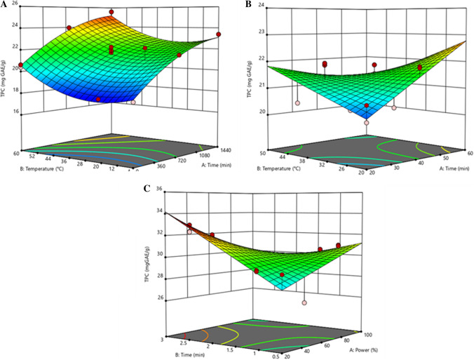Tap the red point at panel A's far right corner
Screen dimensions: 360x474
tap(219, 34)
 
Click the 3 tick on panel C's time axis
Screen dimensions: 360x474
tap(162, 338)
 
